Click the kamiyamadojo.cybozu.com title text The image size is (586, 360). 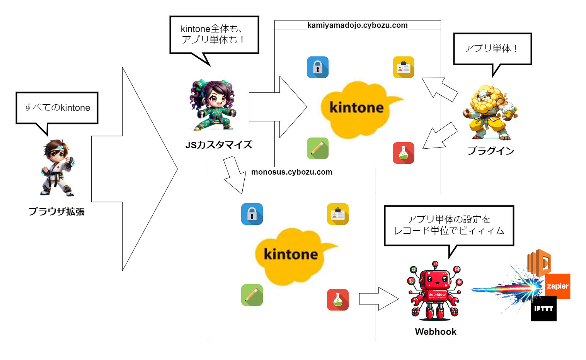click(x=357, y=25)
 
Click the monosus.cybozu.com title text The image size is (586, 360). click(x=291, y=172)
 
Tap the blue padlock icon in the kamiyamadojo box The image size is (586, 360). click(x=318, y=67)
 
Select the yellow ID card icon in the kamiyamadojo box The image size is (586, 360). click(x=404, y=67)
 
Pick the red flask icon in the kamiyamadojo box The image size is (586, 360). click(x=404, y=153)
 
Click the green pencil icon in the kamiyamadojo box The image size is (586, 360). click(x=318, y=148)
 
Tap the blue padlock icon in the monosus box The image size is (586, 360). click(x=252, y=214)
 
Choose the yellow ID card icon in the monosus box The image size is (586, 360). click(x=338, y=214)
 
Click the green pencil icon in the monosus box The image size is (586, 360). click(x=252, y=295)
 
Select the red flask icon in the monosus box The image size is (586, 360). click(x=338, y=300)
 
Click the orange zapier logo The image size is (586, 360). click(x=558, y=286)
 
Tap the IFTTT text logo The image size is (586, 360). click(x=543, y=309)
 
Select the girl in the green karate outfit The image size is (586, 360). click(x=212, y=105)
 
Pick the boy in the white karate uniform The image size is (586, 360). click(x=57, y=168)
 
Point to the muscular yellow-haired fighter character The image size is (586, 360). click(x=490, y=112)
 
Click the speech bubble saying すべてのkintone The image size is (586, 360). click(x=57, y=108)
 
